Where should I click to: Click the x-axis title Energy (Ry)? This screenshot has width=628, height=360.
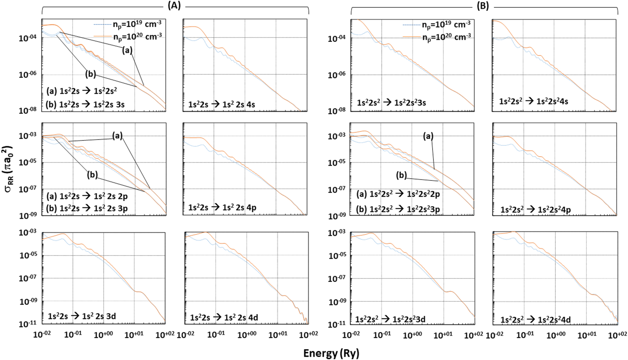(331, 353)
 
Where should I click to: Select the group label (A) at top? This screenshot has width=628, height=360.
(174, 6)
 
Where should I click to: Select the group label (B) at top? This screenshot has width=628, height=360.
(483, 6)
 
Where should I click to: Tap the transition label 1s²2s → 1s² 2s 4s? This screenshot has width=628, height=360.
(221, 104)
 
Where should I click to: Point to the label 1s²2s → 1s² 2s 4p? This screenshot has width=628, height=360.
(222, 208)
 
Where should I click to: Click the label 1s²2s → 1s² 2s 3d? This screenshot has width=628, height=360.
(82, 316)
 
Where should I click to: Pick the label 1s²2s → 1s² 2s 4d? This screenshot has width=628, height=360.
(224, 318)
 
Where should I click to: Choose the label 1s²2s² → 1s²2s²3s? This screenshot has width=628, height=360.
(391, 102)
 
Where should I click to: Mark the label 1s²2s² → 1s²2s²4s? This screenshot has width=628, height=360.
(533, 101)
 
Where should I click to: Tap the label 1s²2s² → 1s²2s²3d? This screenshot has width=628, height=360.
(390, 319)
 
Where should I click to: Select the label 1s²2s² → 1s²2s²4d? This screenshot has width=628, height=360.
(535, 320)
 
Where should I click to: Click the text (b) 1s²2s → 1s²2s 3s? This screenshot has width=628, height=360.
(85, 104)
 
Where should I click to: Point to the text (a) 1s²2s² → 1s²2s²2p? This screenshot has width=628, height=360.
(398, 194)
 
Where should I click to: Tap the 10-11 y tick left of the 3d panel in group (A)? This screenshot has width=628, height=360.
(28, 324)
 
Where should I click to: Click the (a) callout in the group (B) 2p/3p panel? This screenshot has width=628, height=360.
(428, 136)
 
